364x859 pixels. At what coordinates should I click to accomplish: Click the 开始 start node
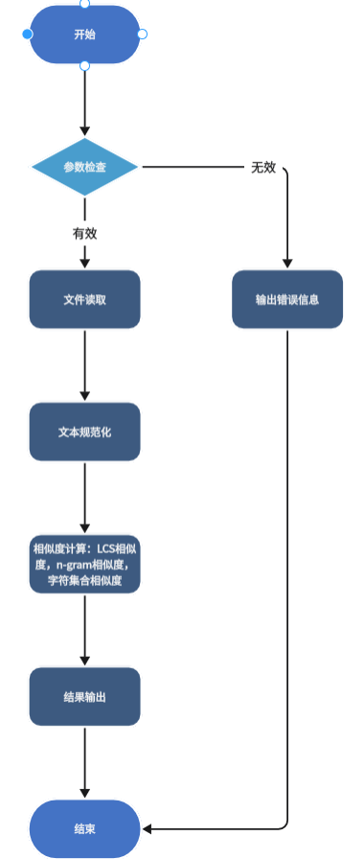click(x=84, y=35)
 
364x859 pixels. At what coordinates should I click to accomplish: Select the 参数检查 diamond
click(x=84, y=167)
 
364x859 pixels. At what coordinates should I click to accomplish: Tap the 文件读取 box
click(x=84, y=299)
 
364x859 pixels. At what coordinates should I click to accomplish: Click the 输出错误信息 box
click(x=286, y=299)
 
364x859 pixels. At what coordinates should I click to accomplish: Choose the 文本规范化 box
click(x=84, y=431)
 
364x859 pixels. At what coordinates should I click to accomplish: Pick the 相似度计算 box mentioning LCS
click(x=84, y=564)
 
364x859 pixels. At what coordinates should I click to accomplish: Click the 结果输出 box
click(x=84, y=696)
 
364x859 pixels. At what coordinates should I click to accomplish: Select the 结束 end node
click(x=84, y=828)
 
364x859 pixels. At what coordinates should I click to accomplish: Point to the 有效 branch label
click(x=84, y=233)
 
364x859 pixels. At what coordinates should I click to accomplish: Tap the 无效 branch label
click(x=263, y=167)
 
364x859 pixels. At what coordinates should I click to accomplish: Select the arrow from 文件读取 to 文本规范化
click(x=84, y=364)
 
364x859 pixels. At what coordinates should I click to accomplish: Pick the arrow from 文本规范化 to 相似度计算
click(x=84, y=497)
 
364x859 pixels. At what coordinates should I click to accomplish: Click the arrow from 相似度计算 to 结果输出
click(x=84, y=629)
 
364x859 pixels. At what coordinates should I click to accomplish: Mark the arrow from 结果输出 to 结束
click(x=84, y=762)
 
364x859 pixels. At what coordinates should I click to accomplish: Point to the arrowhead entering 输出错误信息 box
click(x=286, y=265)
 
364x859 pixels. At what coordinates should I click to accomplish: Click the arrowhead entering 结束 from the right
click(x=147, y=827)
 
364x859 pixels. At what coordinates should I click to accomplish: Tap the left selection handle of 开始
click(x=27, y=35)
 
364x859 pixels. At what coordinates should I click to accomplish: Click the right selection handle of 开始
click(x=142, y=35)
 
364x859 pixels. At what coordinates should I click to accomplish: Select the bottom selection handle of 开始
click(x=84, y=65)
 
